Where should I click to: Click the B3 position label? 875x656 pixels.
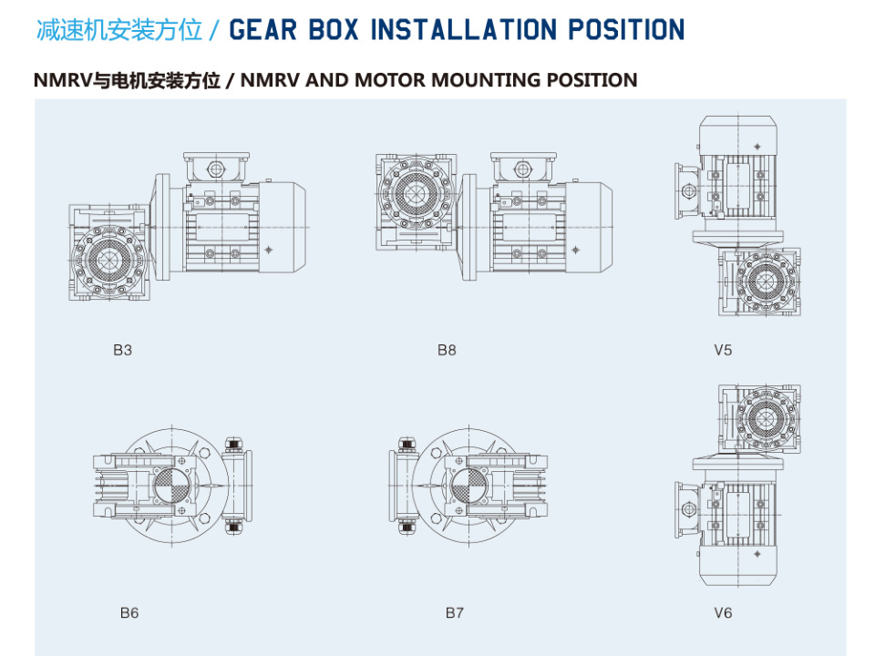[122, 350]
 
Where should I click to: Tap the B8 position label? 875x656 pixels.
[447, 350]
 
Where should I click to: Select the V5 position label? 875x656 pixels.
[723, 350]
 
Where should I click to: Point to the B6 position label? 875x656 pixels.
[129, 612]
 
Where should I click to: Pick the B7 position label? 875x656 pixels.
[454, 612]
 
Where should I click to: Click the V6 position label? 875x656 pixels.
[723, 612]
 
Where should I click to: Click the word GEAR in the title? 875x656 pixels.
[262, 29]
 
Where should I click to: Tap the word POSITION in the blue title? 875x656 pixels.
[626, 29]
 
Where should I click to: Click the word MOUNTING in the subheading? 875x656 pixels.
[486, 80]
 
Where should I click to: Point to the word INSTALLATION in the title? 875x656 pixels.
[463, 29]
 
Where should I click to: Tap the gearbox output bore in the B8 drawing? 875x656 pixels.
[414, 193]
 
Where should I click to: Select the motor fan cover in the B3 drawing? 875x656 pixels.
[283, 227]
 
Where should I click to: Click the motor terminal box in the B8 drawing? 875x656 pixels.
[523, 167]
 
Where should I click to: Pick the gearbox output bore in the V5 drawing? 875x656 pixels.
[761, 282]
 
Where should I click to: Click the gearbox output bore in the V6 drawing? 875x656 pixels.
[761, 418]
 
